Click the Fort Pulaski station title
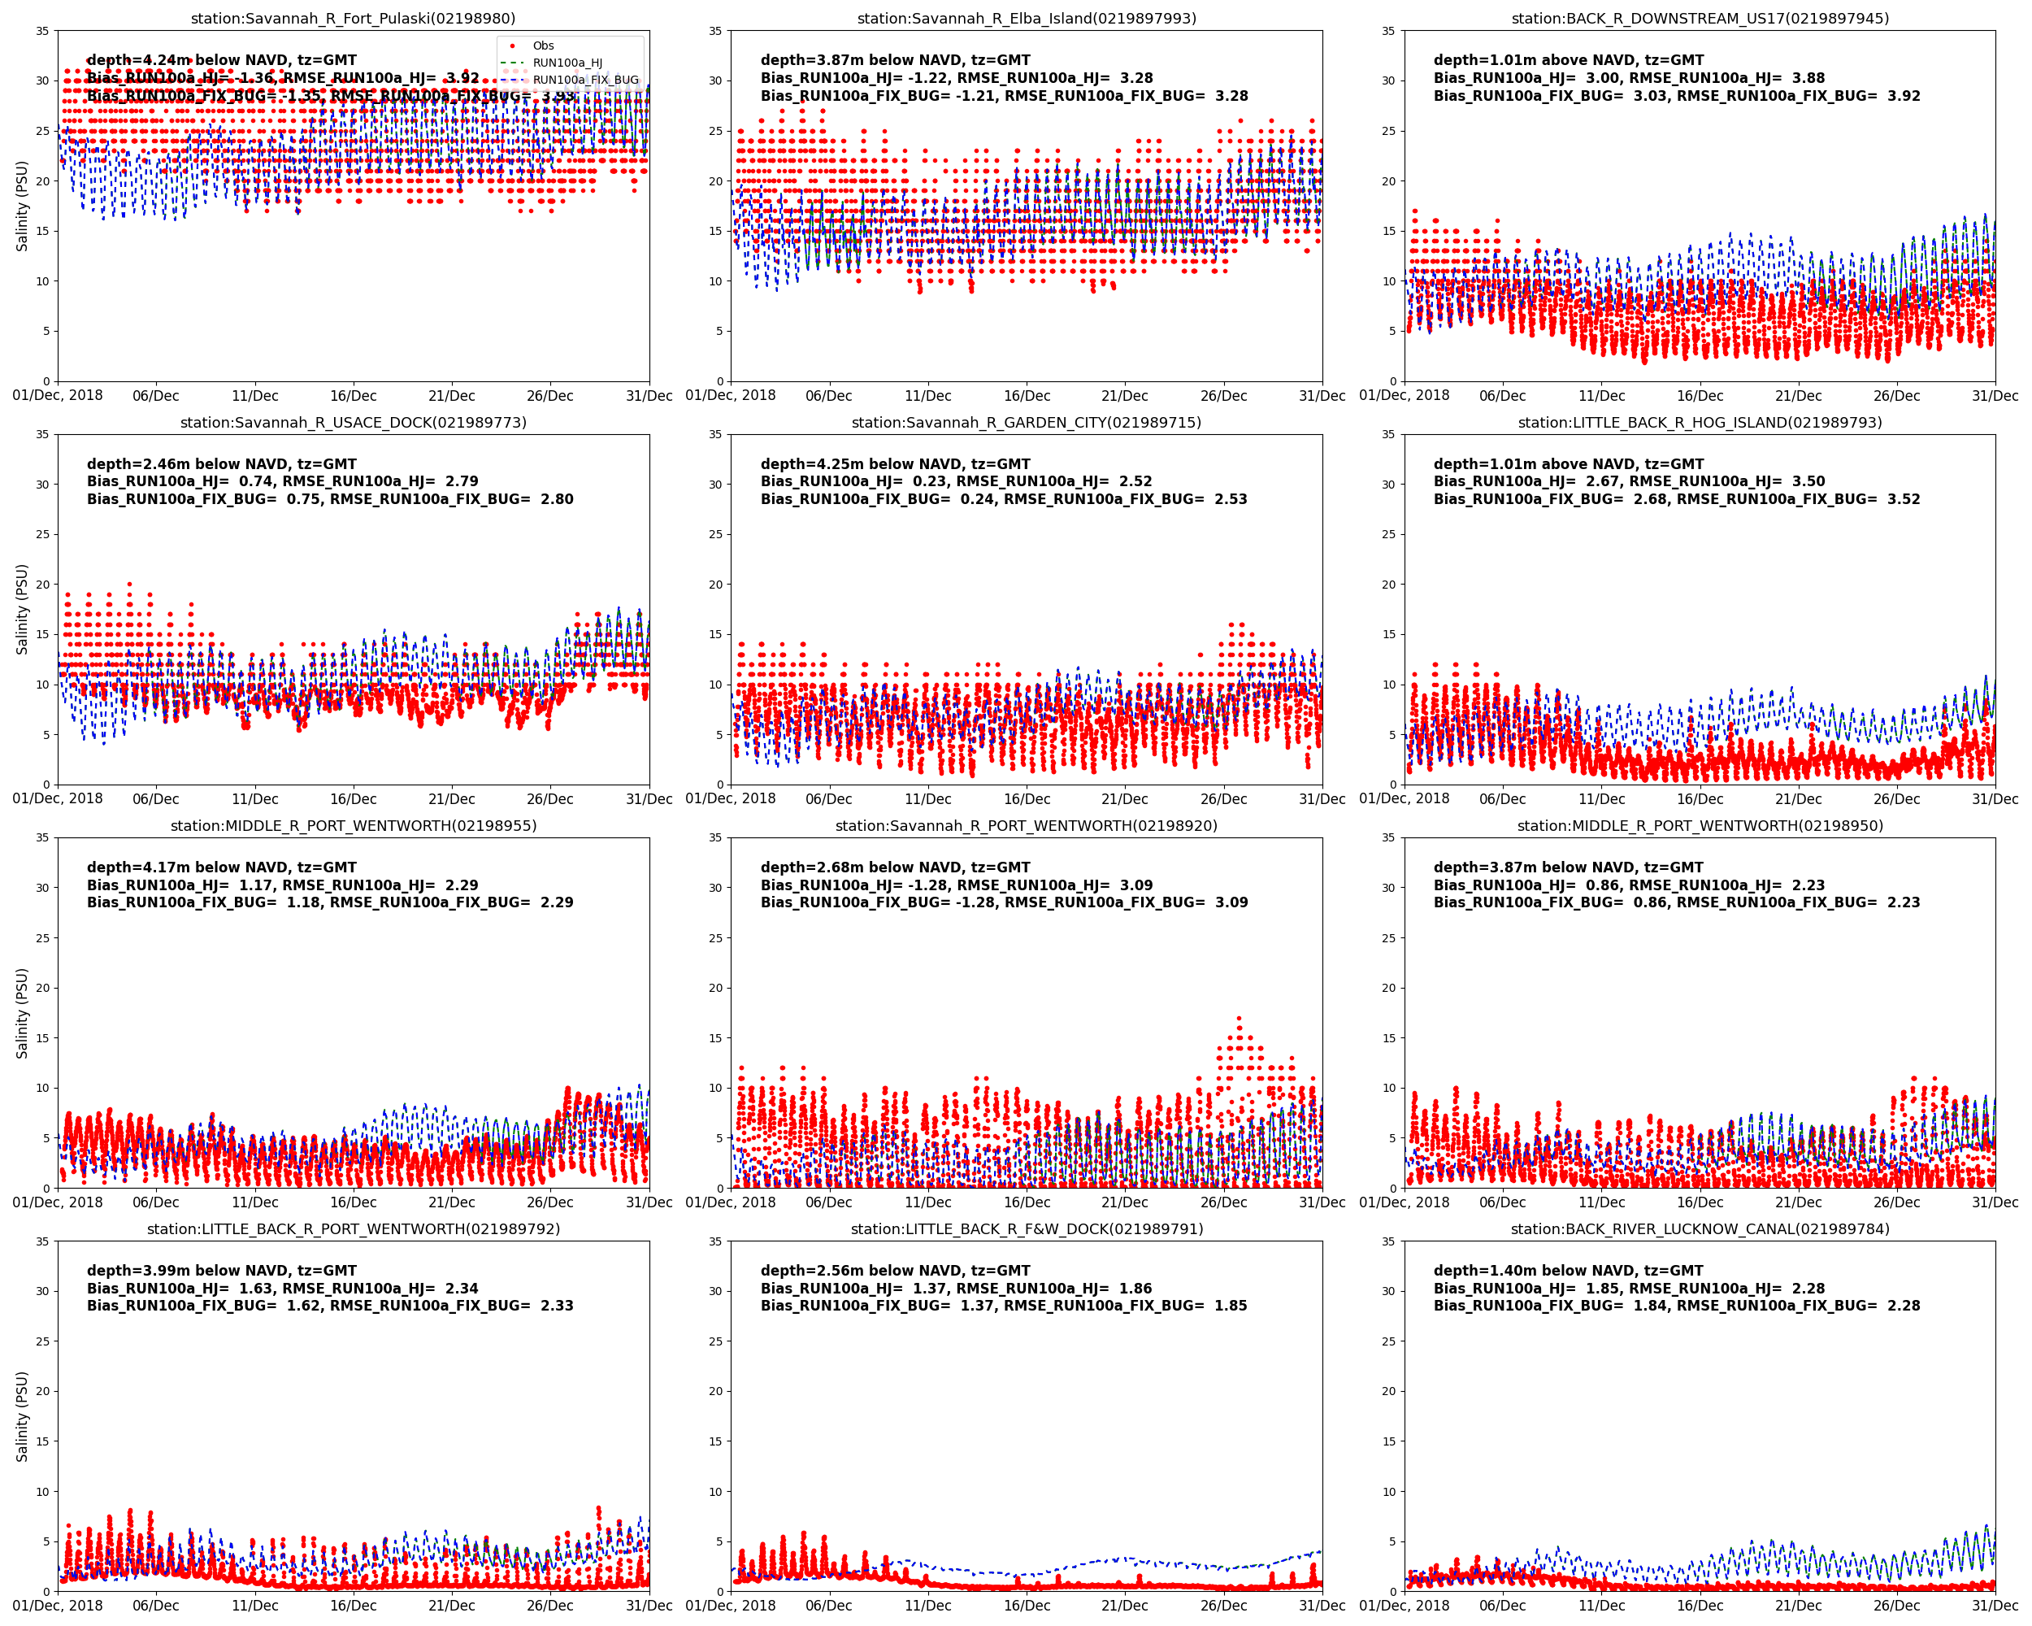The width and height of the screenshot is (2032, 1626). point(354,19)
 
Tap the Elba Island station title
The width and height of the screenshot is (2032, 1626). point(1027,19)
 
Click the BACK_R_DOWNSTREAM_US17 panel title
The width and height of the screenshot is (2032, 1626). point(1700,19)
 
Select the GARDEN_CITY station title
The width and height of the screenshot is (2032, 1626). point(1027,422)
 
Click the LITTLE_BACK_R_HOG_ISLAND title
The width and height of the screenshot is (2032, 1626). point(1700,422)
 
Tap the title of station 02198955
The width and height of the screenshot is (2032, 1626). point(354,826)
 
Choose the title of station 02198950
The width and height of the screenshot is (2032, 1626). point(1700,826)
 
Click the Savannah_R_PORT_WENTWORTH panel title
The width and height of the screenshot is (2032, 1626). point(1027,826)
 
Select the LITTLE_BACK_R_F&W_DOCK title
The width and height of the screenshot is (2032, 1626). point(1027,1229)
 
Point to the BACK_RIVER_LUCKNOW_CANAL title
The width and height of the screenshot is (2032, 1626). point(1700,1229)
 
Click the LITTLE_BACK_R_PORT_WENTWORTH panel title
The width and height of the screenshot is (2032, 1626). point(354,1229)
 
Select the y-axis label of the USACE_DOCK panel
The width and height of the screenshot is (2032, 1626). point(22,609)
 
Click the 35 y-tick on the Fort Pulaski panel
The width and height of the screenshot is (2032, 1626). point(42,31)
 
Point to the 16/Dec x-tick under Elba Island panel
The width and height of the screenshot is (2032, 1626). point(1027,396)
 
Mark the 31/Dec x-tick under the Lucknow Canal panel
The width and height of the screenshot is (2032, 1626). point(1995,1606)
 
